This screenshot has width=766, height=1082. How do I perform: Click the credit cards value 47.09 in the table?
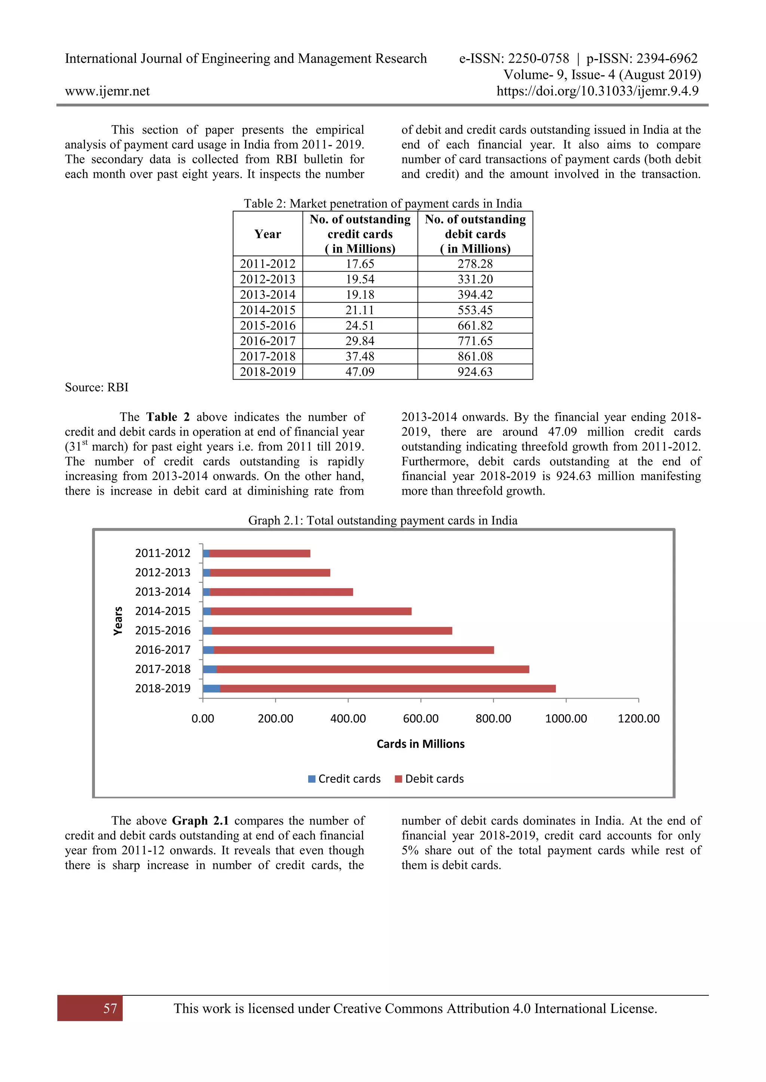point(359,372)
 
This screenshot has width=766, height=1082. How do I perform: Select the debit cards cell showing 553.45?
point(475,310)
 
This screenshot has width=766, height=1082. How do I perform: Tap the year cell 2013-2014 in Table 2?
point(267,294)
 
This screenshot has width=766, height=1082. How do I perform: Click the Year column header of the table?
point(267,234)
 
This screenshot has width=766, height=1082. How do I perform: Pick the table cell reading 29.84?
point(359,341)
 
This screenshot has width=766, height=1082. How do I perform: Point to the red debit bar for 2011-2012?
point(260,553)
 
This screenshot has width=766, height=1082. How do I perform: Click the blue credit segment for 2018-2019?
point(211,689)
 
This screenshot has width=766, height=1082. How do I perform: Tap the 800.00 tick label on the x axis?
point(493,719)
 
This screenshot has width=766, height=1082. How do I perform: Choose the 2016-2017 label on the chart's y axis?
point(163,650)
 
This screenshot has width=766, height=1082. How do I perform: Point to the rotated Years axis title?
point(118,621)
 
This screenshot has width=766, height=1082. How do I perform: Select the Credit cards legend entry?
point(344,779)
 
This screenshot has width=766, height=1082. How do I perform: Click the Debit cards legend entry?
point(429,779)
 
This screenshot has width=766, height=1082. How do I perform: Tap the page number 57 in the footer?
point(110,1008)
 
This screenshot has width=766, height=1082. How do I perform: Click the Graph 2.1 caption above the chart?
point(383,520)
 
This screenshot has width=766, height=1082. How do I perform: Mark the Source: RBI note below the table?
point(97,387)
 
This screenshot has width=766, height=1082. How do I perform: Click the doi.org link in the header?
point(597,91)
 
